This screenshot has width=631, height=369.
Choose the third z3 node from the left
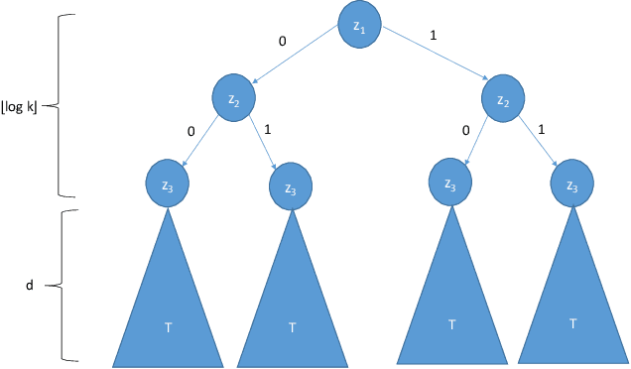click(x=451, y=182)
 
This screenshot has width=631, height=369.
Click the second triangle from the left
click(x=292, y=307)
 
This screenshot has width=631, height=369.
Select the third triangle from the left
click(x=452, y=307)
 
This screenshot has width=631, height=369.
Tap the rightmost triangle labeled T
click(x=573, y=307)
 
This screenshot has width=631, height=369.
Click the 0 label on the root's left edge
click(x=283, y=43)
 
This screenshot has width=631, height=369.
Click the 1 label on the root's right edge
click(x=433, y=36)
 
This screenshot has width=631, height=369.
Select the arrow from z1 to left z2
click(x=298, y=61)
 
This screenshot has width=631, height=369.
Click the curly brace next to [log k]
click(x=54, y=104)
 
